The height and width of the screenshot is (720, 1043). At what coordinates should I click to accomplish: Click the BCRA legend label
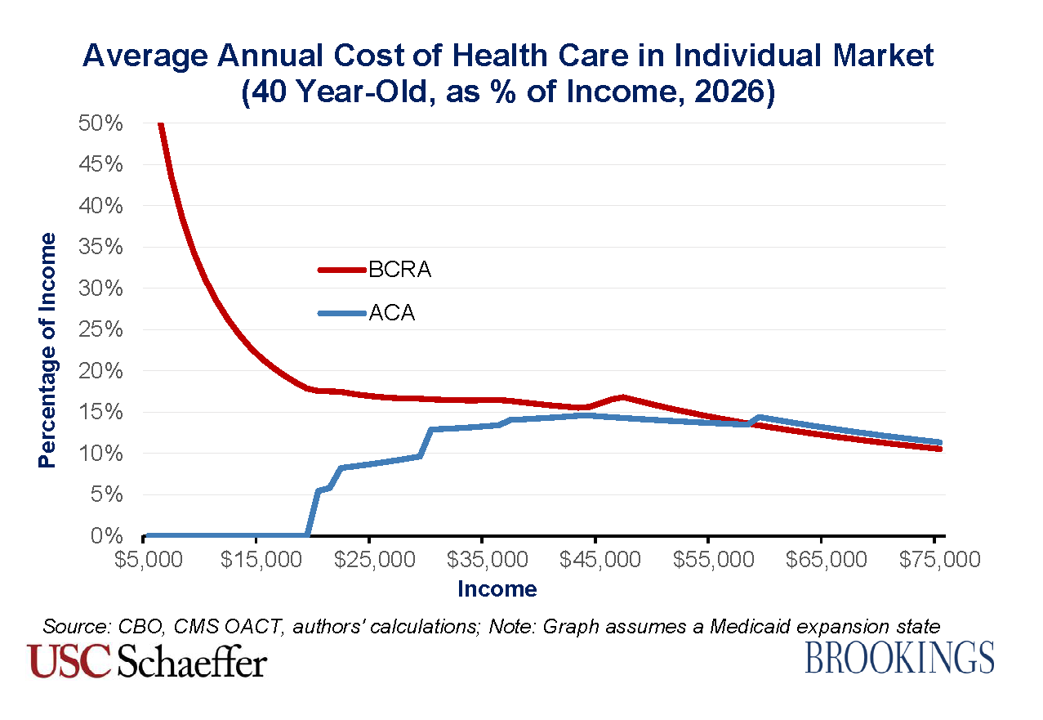coord(399,271)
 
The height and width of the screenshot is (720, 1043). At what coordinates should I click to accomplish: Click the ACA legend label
coord(391,313)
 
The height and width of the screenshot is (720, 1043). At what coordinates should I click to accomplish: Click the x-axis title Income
coord(497,588)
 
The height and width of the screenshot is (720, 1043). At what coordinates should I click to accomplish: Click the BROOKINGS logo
coord(900,659)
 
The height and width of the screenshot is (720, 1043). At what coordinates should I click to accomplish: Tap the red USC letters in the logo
coord(69,661)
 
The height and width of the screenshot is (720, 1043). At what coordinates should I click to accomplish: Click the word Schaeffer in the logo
coord(193,661)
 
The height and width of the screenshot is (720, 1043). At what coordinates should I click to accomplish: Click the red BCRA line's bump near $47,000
coord(622,397)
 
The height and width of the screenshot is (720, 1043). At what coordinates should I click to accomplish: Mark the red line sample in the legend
coord(341,270)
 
